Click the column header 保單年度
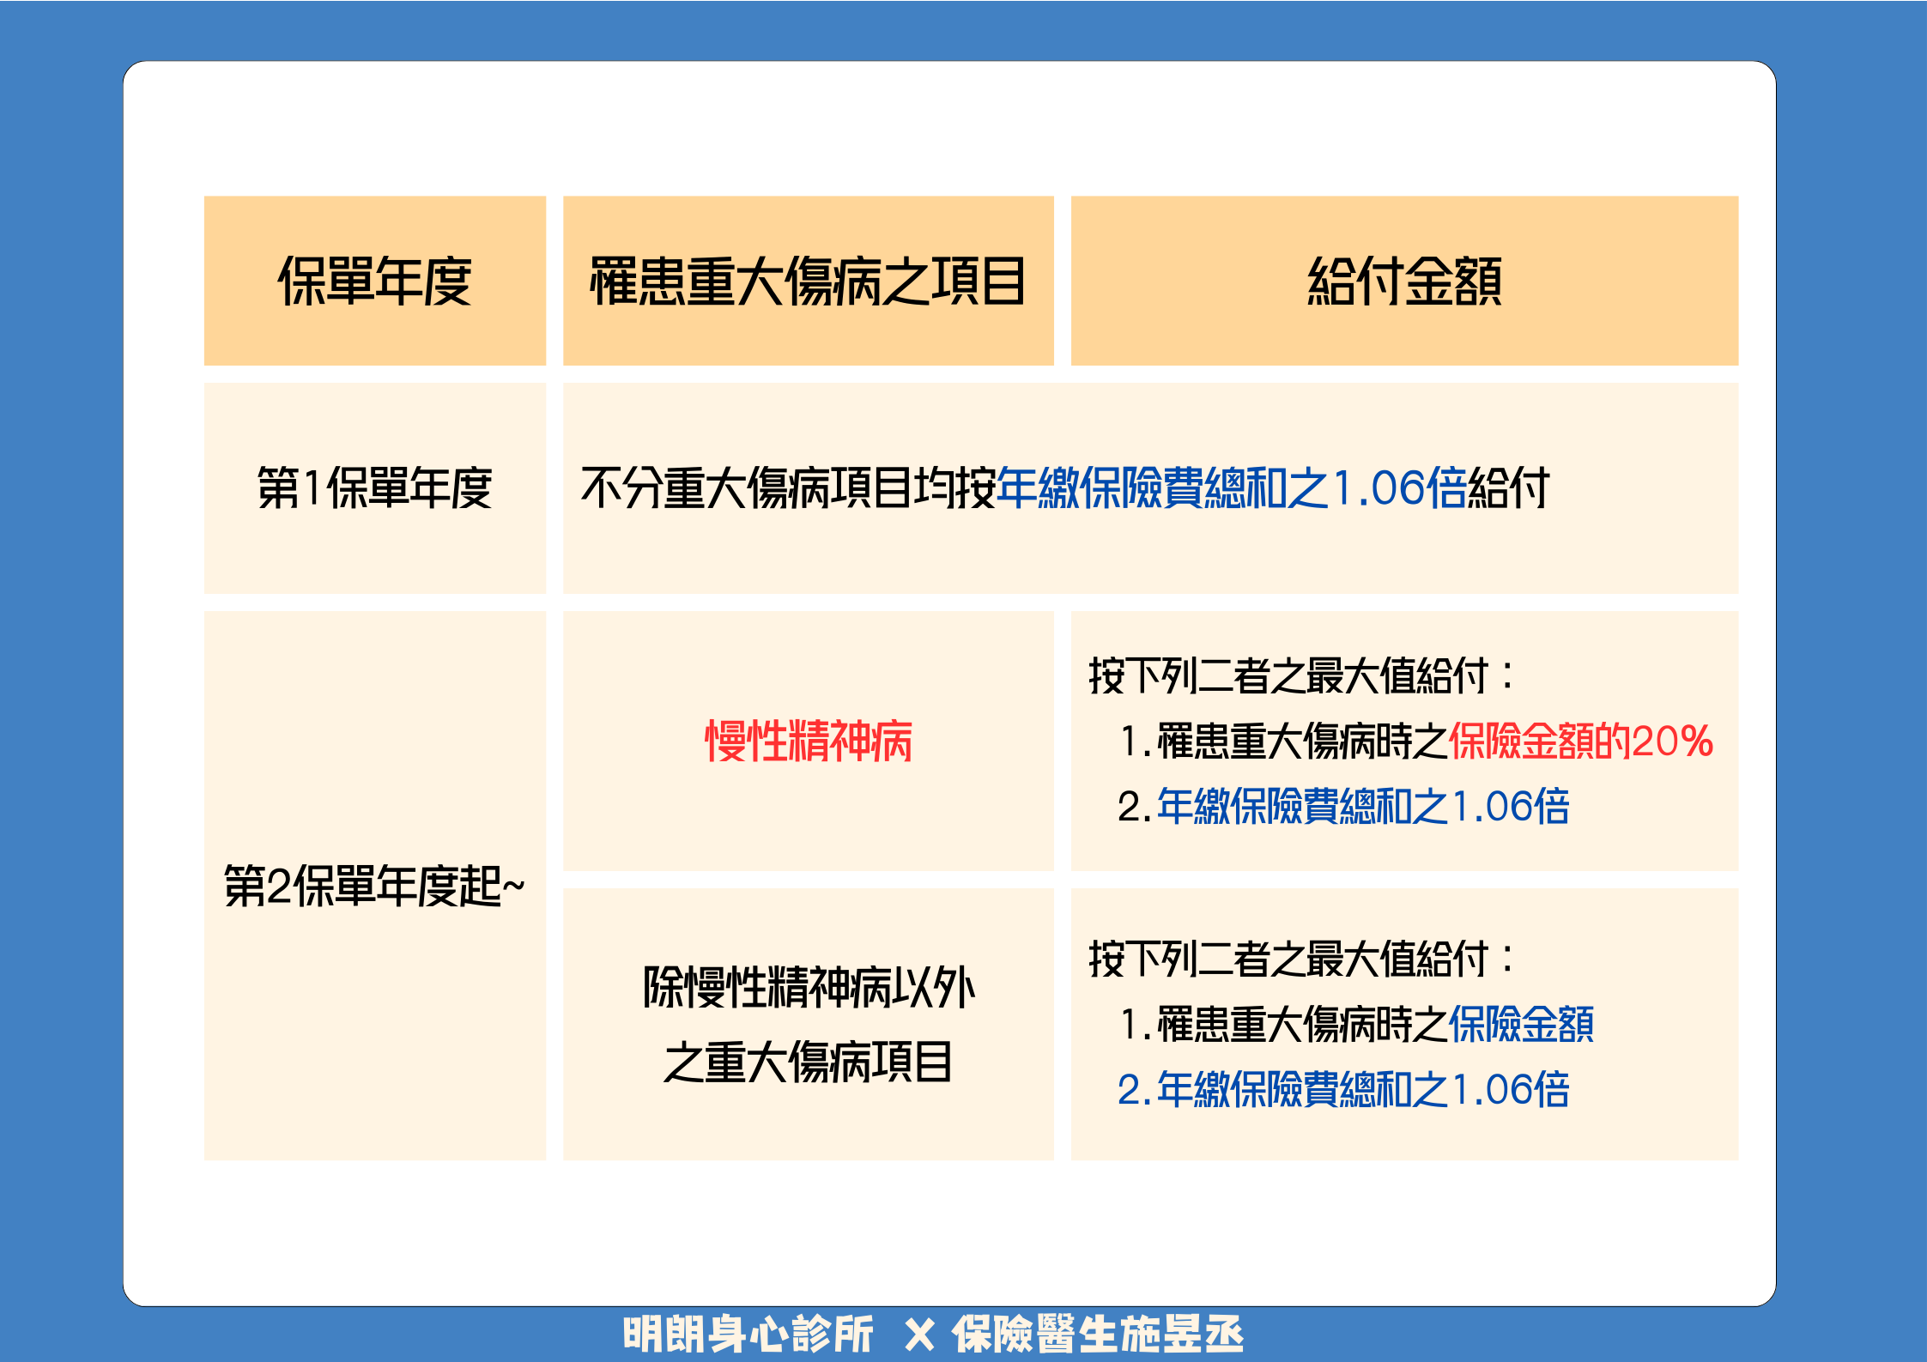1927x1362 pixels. pos(374,281)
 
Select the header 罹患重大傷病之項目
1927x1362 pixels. pos(808,281)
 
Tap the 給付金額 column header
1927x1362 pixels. pos(1404,281)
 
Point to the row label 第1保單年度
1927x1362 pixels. pos(374,487)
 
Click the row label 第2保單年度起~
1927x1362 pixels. pos(374,886)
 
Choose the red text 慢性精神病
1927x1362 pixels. pos(808,741)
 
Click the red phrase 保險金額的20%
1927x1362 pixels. pos(1581,741)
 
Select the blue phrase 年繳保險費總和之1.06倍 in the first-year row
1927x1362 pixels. pos(1232,487)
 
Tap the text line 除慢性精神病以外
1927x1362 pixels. pos(809,987)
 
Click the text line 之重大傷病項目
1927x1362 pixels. pos(808,1062)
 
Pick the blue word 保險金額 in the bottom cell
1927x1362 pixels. pos(1521,1024)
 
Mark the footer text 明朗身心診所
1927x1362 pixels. pos(748,1335)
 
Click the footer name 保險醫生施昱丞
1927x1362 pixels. pos(1098,1335)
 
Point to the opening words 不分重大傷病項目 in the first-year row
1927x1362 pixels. pos(746,487)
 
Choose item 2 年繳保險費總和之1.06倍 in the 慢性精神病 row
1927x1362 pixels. pos(1343,806)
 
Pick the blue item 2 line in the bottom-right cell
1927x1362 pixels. pos(1343,1089)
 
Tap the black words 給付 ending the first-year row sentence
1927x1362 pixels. pos(1508,487)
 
